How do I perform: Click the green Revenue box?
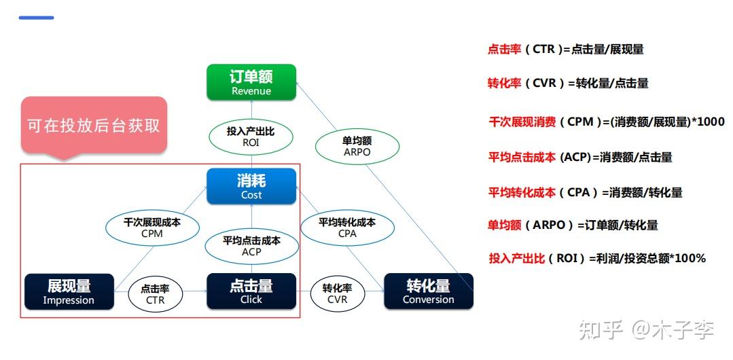[x=251, y=82]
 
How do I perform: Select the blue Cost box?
[x=251, y=186]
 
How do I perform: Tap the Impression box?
[x=69, y=291]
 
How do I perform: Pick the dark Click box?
[x=251, y=291]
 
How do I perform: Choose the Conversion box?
[x=429, y=291]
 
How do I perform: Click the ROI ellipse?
[x=251, y=136]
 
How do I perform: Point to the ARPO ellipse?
[x=357, y=146]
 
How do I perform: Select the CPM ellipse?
[x=152, y=227]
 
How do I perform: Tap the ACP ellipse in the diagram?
[x=251, y=245]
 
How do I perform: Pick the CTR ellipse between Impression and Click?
[x=155, y=293]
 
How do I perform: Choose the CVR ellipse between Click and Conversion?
[x=337, y=293]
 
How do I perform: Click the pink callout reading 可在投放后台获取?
[x=94, y=126]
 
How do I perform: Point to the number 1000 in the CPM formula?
[x=711, y=122]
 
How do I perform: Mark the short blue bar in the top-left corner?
[x=36, y=18]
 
